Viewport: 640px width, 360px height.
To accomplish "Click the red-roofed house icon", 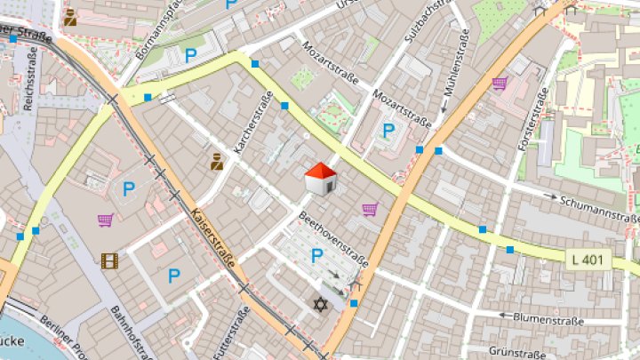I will tap(320, 179).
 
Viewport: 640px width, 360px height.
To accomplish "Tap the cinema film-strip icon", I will tap(109, 260).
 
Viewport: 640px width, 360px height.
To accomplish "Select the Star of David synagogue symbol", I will tap(320, 304).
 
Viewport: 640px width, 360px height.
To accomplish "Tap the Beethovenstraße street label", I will tap(333, 239).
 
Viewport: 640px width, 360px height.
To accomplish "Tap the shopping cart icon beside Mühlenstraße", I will tap(500, 84).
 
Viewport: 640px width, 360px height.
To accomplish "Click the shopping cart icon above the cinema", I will tap(106, 219).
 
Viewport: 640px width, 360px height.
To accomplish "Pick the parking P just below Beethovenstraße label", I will tap(316, 257).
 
